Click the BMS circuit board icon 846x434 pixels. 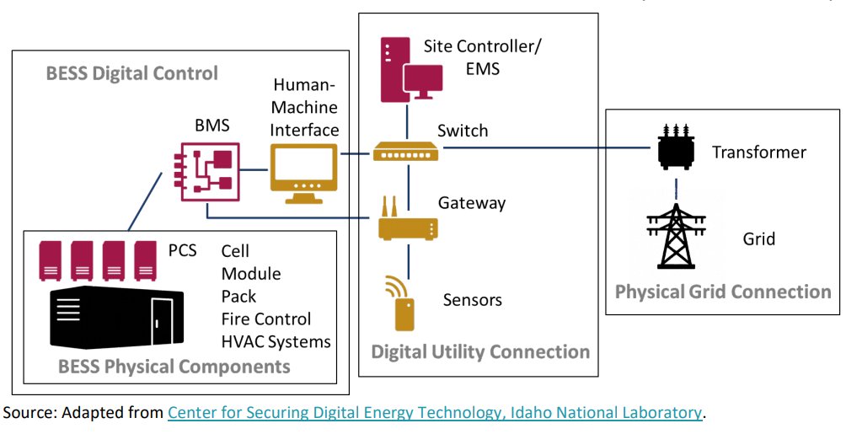click(x=206, y=171)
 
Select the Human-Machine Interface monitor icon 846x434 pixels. click(x=303, y=174)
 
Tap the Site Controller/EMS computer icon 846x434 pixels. click(x=412, y=69)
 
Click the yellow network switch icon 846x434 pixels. click(x=406, y=152)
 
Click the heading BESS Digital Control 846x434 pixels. click(x=132, y=72)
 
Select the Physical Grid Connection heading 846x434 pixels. click(x=723, y=292)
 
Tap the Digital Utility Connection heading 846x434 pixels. click(x=480, y=352)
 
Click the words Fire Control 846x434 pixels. click(x=266, y=319)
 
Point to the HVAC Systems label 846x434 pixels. click(x=276, y=341)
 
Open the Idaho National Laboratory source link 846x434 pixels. click(x=435, y=413)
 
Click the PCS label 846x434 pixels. click(x=182, y=250)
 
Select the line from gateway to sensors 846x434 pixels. click(x=409, y=260)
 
